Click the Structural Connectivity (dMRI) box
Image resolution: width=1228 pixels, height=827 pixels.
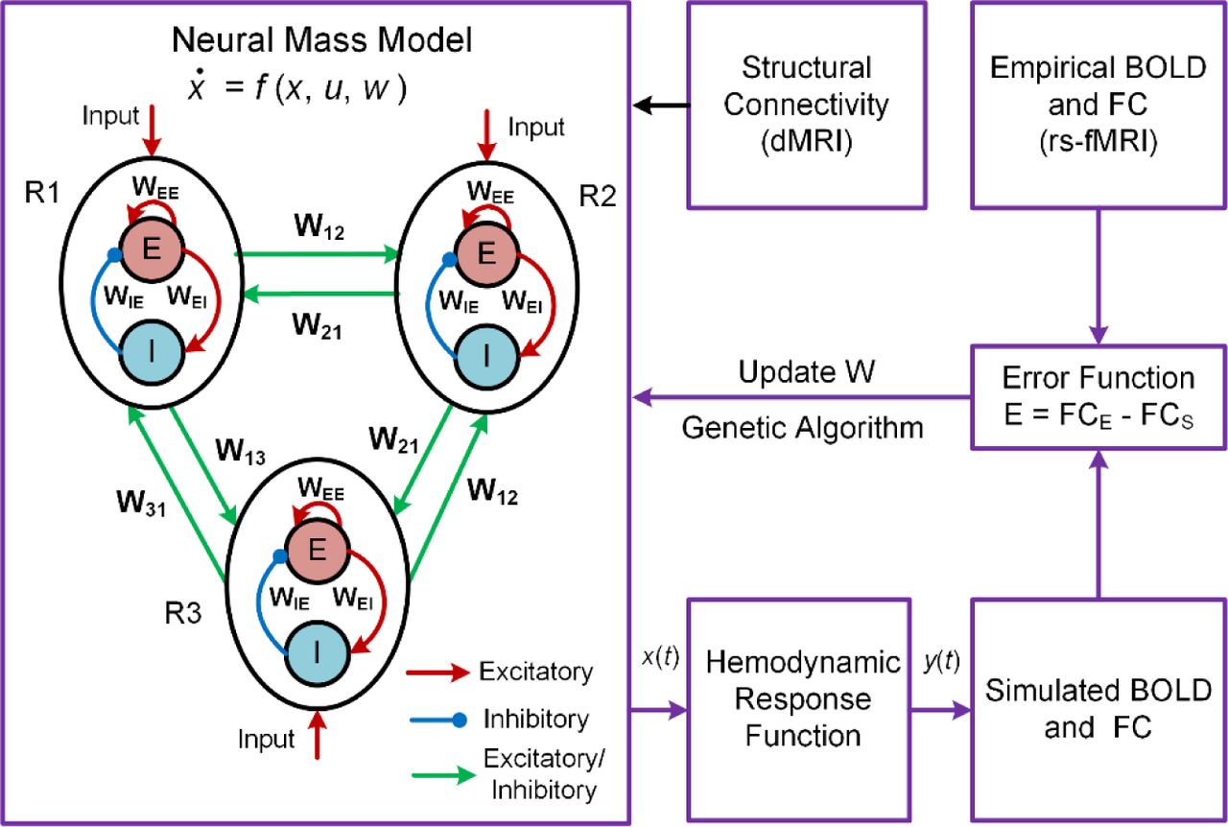pyautogui.click(x=807, y=106)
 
